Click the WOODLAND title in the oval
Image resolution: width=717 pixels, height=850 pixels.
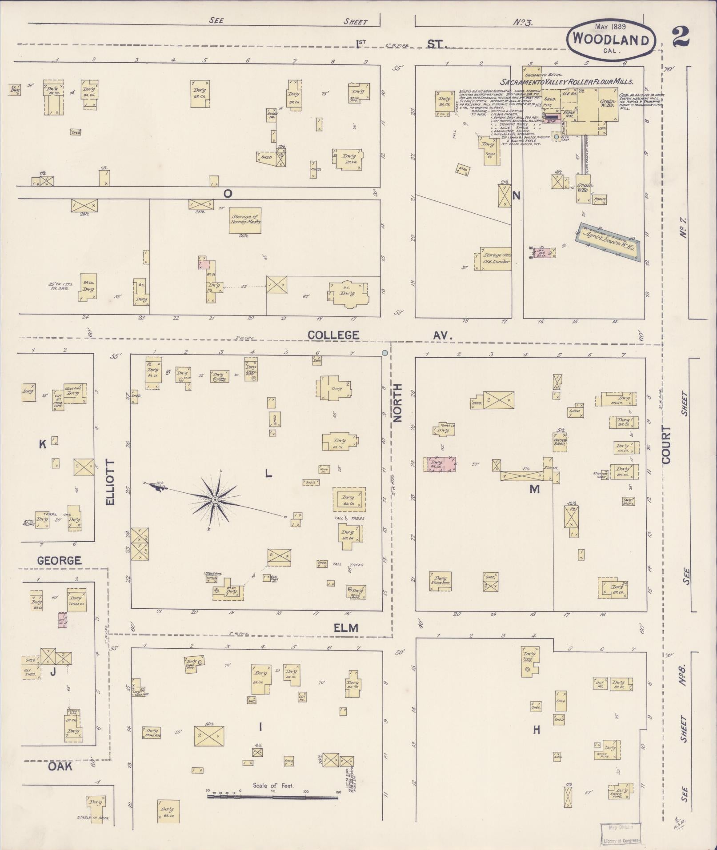point(610,40)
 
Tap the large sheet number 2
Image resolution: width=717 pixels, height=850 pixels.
point(680,36)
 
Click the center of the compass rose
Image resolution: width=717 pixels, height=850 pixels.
point(215,500)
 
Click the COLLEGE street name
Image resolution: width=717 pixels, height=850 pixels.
point(333,335)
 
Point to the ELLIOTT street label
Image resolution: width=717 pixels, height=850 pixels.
point(110,482)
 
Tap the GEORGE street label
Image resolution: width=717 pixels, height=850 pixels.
point(59,561)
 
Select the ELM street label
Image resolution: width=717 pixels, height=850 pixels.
point(346,628)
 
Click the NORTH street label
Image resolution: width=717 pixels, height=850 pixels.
point(397,403)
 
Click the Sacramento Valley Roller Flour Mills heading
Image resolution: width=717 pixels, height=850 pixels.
point(567,82)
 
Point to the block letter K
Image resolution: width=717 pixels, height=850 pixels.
point(43,444)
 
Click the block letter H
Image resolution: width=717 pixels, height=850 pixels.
point(537,730)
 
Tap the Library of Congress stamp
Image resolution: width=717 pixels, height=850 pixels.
point(621,833)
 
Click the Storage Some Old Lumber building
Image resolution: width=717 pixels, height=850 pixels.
point(495,259)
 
